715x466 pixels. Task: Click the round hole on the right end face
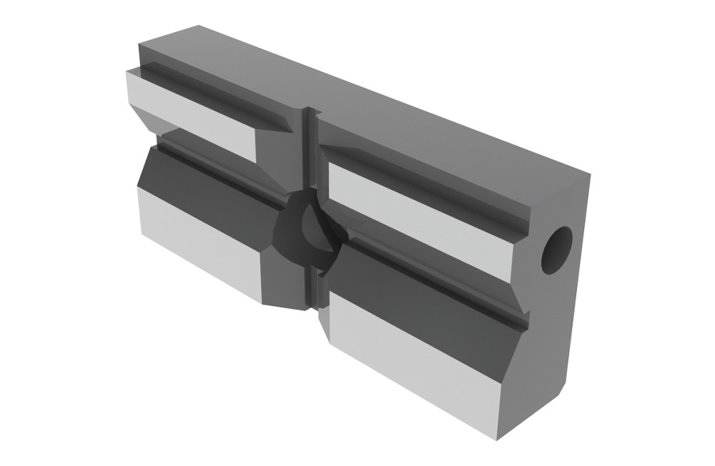click(556, 250)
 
